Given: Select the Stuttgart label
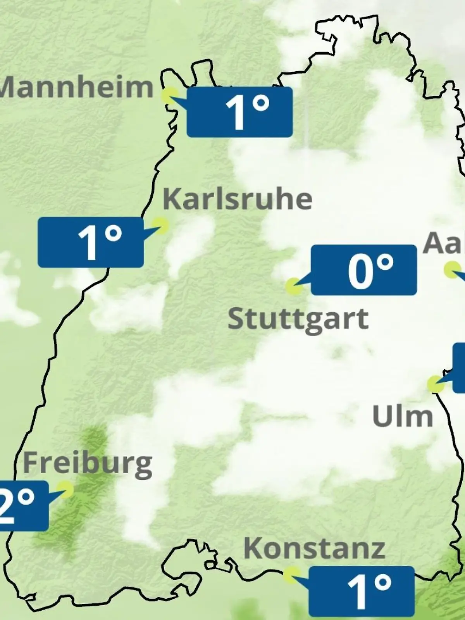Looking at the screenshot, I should click(x=298, y=320).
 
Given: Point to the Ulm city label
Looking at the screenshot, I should click(x=402, y=416).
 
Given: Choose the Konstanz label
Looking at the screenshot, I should click(x=314, y=548).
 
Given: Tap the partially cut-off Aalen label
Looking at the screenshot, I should click(x=444, y=243).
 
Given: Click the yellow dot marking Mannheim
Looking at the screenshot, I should click(x=170, y=95).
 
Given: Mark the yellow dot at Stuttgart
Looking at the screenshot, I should click(x=294, y=286).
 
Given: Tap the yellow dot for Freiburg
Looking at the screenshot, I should click(x=65, y=489).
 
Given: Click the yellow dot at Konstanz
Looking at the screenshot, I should click(x=291, y=575).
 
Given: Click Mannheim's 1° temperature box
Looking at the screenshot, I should click(x=239, y=112).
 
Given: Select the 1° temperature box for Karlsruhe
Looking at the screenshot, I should click(x=91, y=242).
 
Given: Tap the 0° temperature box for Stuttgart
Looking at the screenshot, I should click(x=364, y=270).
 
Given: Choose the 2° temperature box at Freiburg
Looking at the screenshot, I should click(x=23, y=506).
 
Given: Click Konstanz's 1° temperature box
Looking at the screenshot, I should click(x=362, y=591).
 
